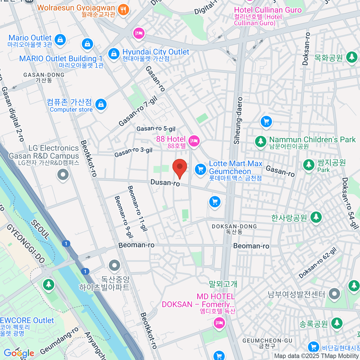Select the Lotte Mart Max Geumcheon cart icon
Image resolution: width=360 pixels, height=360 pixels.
click(200, 169)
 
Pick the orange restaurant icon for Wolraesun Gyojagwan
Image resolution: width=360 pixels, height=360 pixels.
click(123, 10)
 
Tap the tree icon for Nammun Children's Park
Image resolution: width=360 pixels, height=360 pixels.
click(260, 141)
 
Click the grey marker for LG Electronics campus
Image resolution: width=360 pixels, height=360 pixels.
click(63, 174)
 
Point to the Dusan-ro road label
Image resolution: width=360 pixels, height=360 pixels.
click(165, 182)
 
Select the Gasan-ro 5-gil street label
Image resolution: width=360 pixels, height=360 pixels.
click(156, 129)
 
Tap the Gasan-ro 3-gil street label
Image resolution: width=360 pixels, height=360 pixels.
click(133, 152)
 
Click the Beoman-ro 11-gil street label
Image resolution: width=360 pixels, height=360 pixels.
click(138, 208)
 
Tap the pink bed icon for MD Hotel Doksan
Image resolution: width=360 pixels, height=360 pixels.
click(219, 323)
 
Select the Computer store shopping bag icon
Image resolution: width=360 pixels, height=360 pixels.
click(101, 105)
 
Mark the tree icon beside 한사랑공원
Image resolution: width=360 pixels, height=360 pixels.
click(316, 217)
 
